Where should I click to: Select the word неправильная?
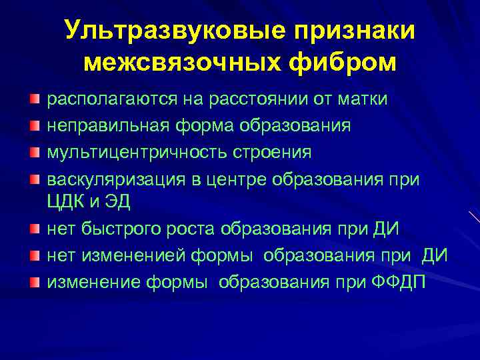click(103, 125)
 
